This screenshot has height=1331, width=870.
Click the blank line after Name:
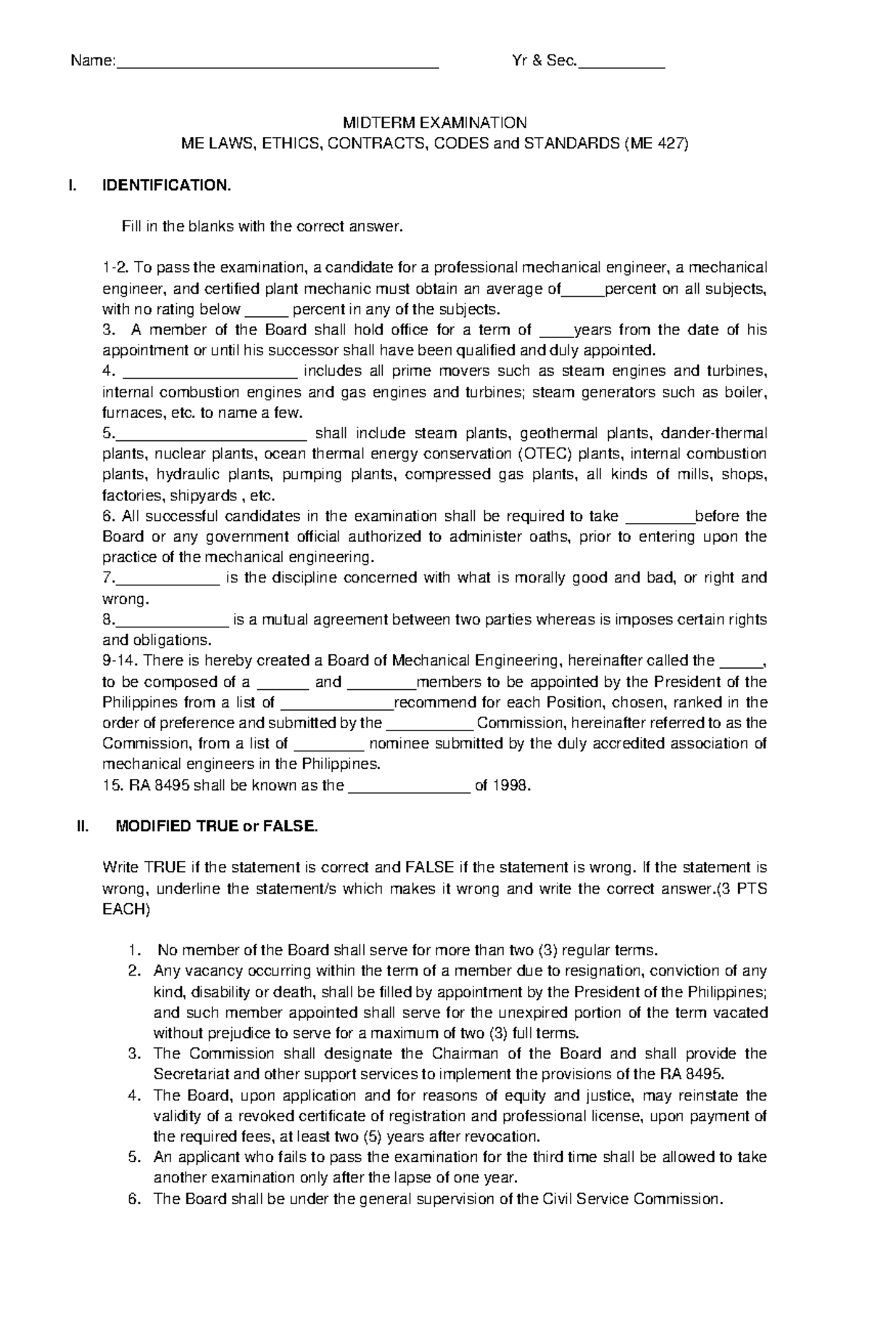(277, 65)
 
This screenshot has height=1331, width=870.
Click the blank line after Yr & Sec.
(621, 65)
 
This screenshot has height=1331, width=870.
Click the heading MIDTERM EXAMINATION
(434, 123)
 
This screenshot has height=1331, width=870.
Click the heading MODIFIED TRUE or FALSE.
(217, 826)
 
